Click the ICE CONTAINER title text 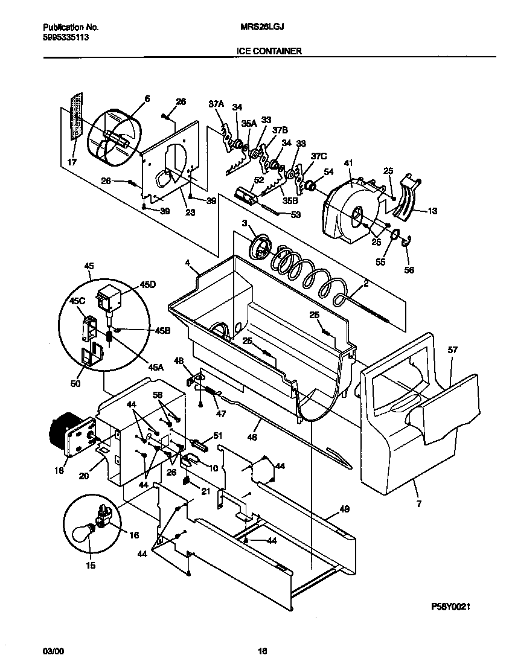(269, 51)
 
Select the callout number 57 (453, 350)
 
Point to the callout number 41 (348, 164)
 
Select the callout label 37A (216, 104)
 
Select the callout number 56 (409, 270)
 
